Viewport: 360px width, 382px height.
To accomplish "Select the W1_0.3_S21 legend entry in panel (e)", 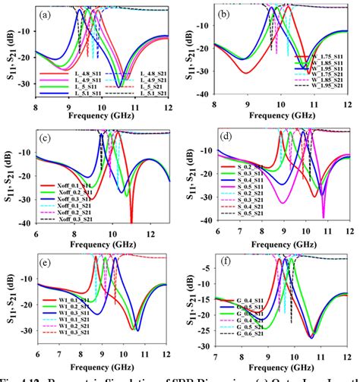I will click(66, 310).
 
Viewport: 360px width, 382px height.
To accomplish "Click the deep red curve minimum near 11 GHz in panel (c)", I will click(131, 219).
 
